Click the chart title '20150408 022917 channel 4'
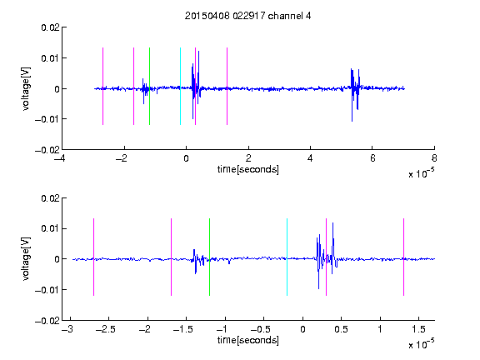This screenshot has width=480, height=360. coord(247,16)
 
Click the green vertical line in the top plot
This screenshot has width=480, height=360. coord(149,86)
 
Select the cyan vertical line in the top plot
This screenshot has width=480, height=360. coord(180,86)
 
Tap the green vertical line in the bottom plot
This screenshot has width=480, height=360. coord(209,257)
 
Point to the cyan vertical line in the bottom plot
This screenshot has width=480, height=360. coord(287,257)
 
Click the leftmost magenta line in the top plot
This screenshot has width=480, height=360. coord(102,86)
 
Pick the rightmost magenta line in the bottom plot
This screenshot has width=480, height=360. coord(403,257)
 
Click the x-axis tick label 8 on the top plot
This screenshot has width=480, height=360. coord(434,158)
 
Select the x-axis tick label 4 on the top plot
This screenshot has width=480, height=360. coord(310,158)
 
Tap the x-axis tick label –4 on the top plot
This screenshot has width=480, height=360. coord(59,158)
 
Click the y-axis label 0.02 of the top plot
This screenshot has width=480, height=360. coord(50,27)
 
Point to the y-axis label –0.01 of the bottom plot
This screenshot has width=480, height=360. coord(47,290)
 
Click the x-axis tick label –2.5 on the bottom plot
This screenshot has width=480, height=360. coord(106,329)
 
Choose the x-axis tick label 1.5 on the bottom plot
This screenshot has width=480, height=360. coord(418,329)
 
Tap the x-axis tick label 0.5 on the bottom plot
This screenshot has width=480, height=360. coord(341,329)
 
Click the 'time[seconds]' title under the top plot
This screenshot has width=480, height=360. coord(248,169)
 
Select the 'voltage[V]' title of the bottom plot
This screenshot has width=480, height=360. coord(27,259)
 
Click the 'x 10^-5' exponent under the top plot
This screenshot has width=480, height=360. coord(421,173)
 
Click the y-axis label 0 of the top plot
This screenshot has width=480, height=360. coord(57,89)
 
